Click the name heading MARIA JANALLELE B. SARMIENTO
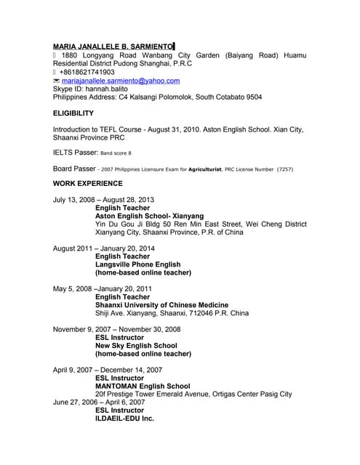coord(113,46)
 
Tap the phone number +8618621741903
coord(88,73)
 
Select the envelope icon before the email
coord(57,81)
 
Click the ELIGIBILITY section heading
coord(73,113)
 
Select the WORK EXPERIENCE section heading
coord(88,183)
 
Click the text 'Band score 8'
coord(116,153)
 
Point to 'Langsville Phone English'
coord(138,264)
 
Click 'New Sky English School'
coord(136,346)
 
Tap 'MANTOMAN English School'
coord(143,386)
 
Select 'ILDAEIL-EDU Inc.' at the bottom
coord(125,418)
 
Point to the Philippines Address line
coord(158,97)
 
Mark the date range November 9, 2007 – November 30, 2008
coord(117,329)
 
